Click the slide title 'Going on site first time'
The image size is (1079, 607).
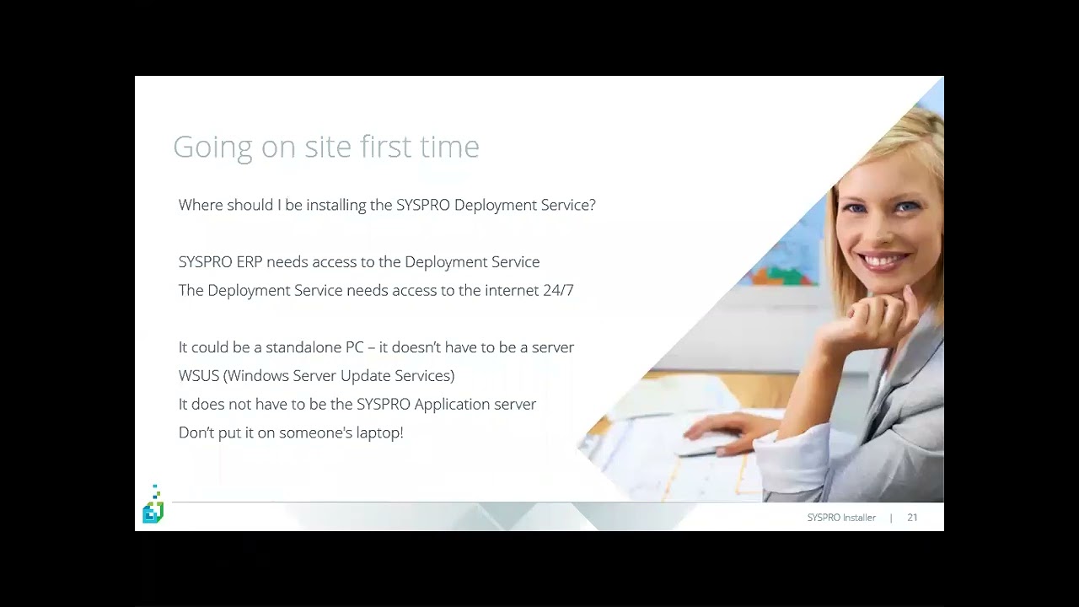pyautogui.click(x=325, y=147)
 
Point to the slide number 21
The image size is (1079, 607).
pyautogui.click(x=912, y=518)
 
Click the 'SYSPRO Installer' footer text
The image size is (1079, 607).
pyautogui.click(x=841, y=518)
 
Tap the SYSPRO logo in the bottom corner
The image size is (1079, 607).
pyautogui.click(x=153, y=506)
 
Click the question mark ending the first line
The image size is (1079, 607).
pyautogui.click(x=592, y=205)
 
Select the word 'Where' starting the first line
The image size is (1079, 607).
pyautogui.click(x=201, y=205)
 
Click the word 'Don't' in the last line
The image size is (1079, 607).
pyautogui.click(x=196, y=432)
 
